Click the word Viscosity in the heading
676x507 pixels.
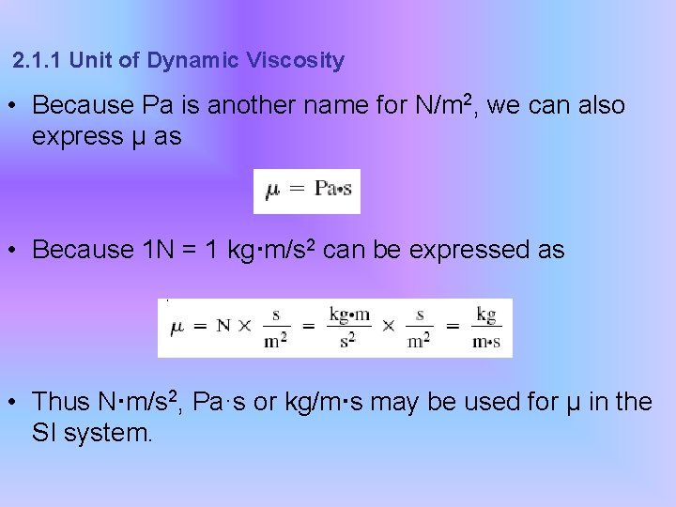(296, 61)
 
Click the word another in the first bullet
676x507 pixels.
(251, 106)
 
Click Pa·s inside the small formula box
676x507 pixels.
(333, 190)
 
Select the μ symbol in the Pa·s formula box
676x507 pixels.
(272, 190)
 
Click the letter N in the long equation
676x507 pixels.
(223, 327)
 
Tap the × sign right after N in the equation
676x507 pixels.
(246, 327)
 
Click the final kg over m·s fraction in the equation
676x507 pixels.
(485, 327)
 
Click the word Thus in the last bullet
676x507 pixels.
(60, 402)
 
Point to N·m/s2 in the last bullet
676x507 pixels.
(140, 402)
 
